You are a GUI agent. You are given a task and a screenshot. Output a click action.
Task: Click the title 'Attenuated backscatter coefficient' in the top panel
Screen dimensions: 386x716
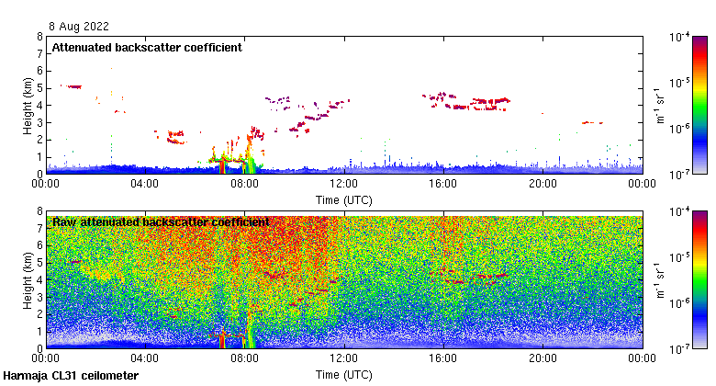point(147,48)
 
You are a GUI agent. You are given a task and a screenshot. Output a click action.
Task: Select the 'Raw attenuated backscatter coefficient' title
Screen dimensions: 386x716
point(161,222)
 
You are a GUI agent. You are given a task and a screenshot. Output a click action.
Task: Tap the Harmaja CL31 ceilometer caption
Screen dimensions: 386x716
point(71,376)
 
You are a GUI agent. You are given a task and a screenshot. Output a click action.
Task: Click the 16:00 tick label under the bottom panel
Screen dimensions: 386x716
point(443,358)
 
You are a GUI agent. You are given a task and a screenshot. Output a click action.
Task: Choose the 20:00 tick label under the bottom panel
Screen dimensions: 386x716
point(543,358)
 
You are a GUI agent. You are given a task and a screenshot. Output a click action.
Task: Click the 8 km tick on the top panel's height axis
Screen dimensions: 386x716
point(39,38)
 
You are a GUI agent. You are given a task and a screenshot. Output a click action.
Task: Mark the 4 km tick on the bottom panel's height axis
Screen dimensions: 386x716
point(39,280)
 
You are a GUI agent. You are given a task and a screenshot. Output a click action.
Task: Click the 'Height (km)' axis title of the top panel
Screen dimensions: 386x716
point(28,106)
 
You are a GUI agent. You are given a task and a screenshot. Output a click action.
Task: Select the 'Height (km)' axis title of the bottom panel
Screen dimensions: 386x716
point(28,280)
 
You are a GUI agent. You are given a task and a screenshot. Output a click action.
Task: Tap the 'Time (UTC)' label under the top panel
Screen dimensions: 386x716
point(344,199)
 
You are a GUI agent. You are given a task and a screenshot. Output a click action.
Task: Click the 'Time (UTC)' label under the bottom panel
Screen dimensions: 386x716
point(344,374)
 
